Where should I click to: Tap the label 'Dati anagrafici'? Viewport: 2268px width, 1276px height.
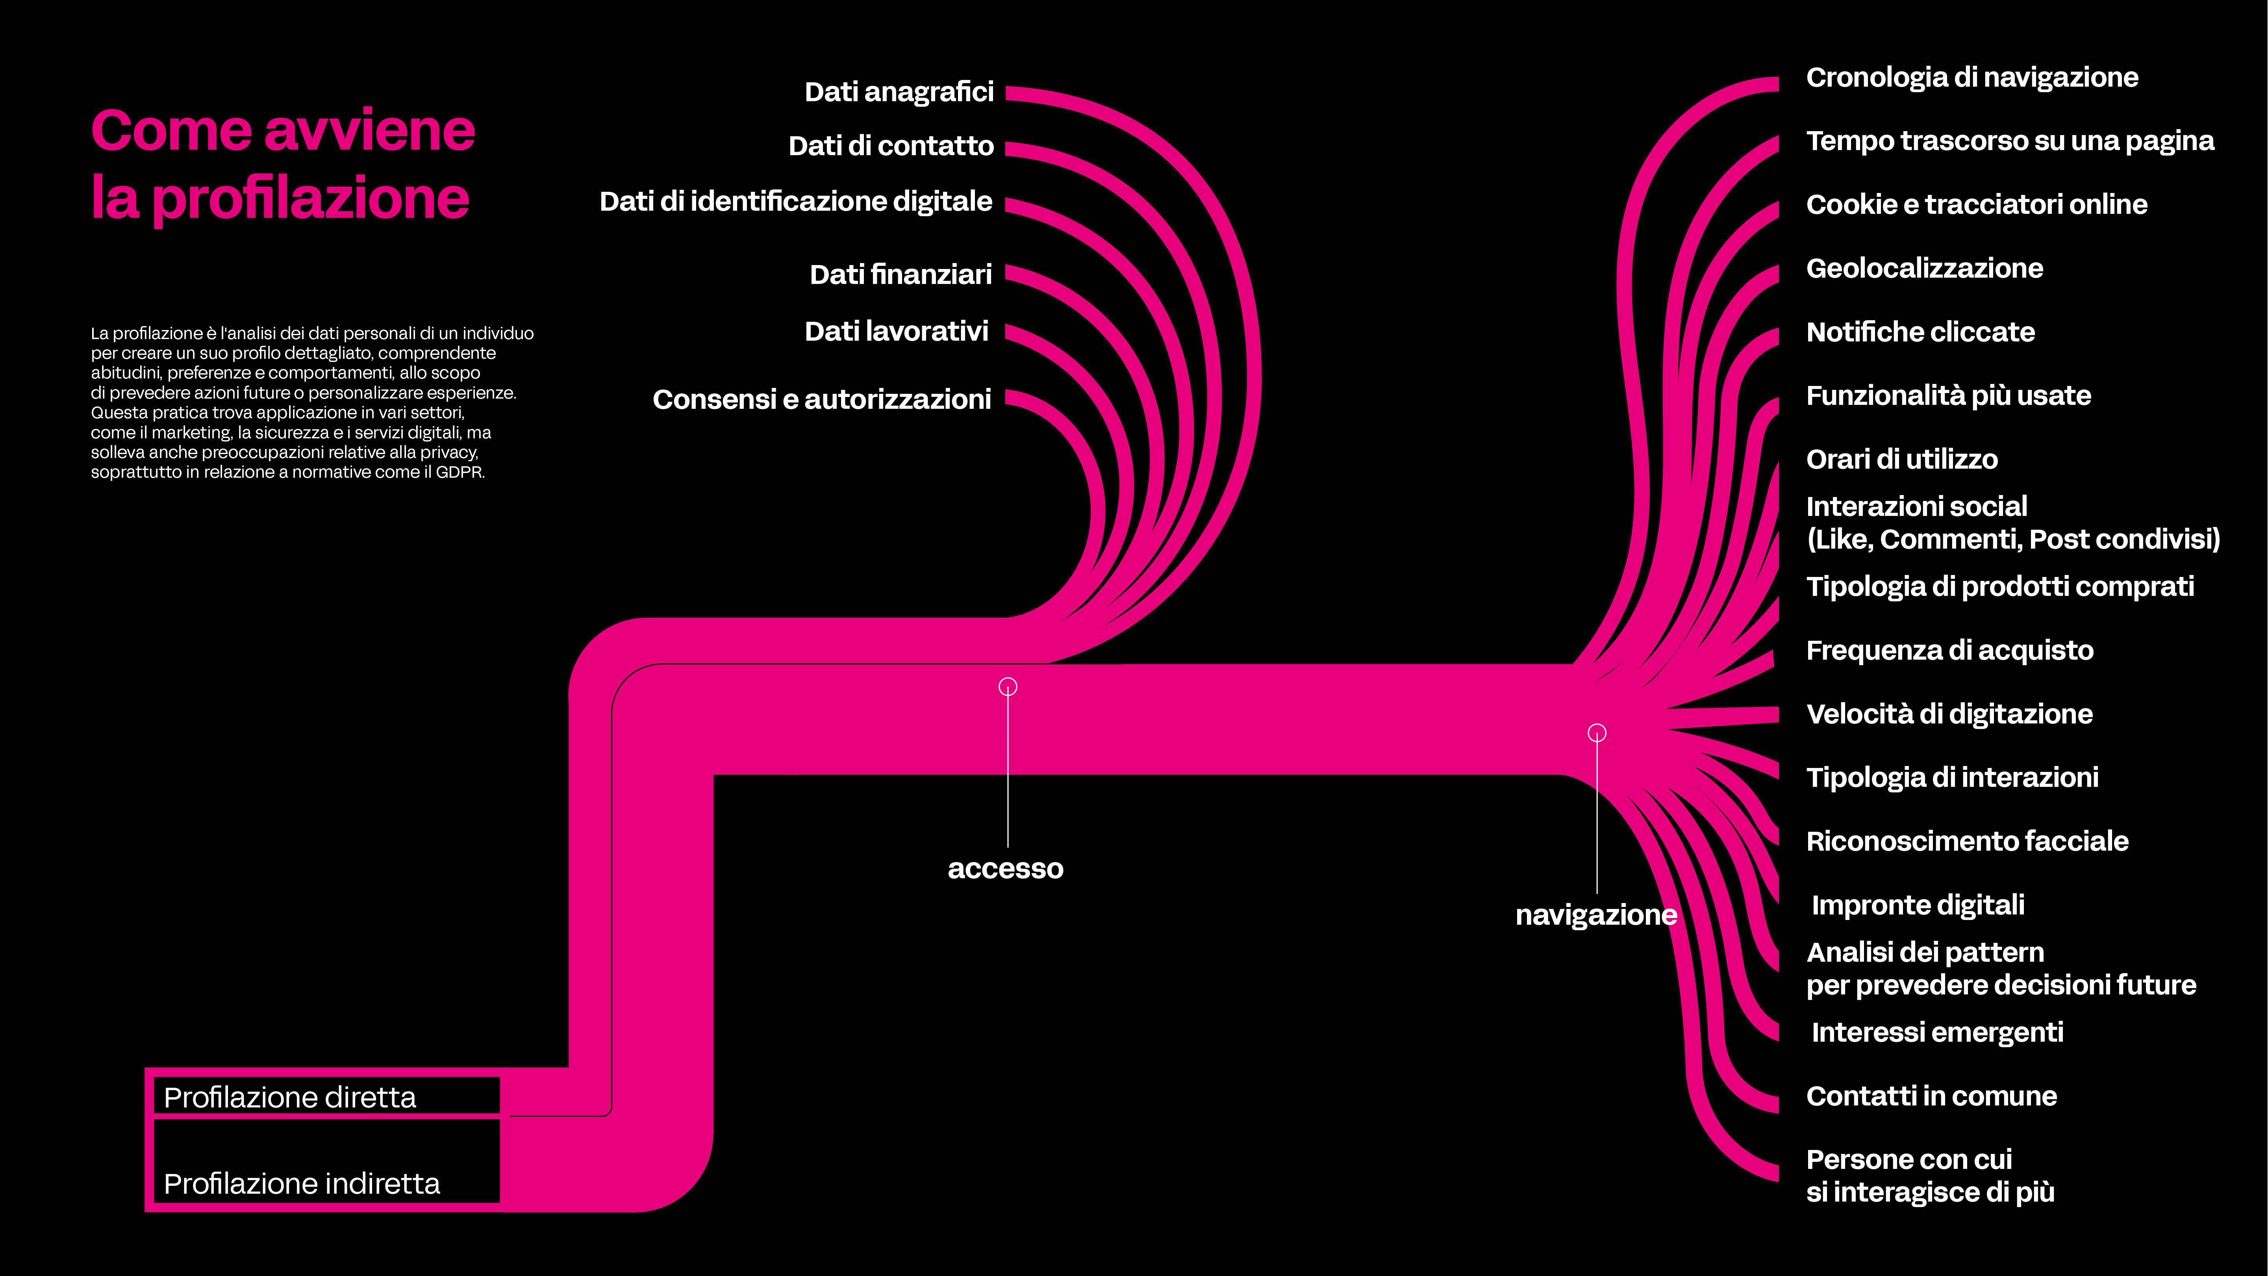899,92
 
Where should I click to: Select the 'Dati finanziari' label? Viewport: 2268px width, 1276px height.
901,275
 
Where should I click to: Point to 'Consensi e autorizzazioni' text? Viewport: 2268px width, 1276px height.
821,400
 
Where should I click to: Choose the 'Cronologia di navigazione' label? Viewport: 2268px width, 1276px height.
1971,78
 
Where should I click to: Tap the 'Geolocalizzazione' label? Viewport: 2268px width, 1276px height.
1924,269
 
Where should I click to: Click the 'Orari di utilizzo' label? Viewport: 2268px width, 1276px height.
1902,460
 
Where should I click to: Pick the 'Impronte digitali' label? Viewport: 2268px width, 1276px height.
1918,905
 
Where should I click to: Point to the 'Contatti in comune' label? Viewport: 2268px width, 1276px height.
1931,1096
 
